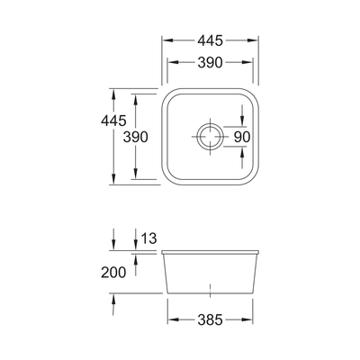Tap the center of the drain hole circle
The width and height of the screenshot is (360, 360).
click(x=209, y=137)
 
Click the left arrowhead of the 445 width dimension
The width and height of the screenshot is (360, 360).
click(x=166, y=40)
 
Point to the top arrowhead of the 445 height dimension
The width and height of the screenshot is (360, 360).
click(x=114, y=92)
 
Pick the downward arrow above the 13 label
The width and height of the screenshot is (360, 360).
click(x=133, y=241)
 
